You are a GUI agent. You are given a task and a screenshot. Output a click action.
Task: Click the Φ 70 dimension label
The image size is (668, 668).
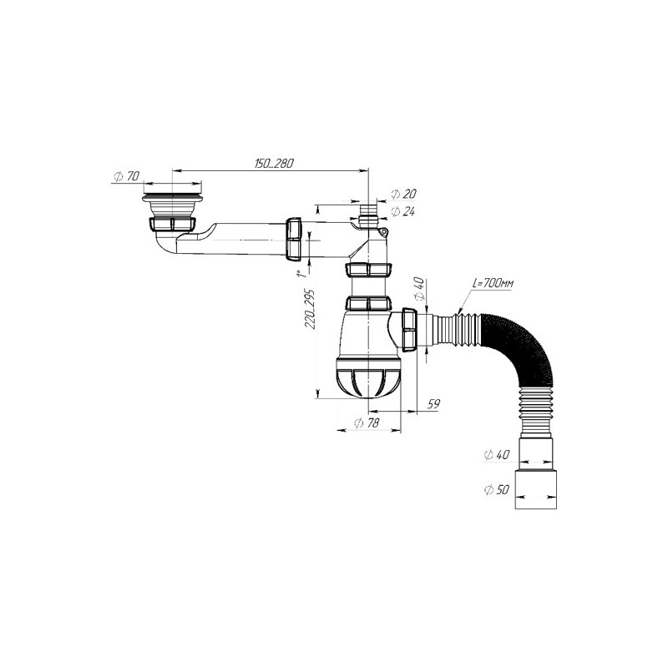coord(127,176)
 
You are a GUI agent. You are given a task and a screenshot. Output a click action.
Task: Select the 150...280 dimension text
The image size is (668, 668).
coord(275,164)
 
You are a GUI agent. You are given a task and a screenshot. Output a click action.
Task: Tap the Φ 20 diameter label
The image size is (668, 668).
coord(403,194)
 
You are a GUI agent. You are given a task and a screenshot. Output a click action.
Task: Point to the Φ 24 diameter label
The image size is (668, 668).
coord(403,211)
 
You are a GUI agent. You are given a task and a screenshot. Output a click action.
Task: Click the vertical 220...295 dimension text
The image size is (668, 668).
coord(310,309)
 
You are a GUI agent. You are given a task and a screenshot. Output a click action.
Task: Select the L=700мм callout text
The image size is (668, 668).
coord(493,283)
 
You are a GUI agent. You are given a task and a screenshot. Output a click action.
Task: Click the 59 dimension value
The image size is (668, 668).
coord(433,403)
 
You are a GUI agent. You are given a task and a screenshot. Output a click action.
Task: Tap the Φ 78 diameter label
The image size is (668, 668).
coord(367,423)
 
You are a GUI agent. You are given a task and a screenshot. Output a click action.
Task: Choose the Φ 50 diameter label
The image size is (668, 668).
coord(496,489)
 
